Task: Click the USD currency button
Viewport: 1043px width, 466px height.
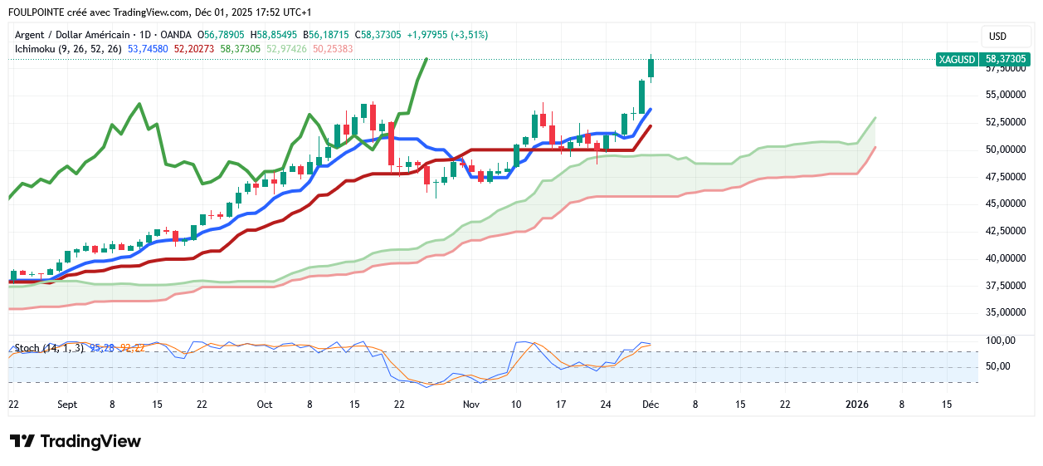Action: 997,37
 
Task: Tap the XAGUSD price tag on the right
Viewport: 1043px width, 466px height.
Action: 983,59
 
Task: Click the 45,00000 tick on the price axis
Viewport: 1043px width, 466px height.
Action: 1006,204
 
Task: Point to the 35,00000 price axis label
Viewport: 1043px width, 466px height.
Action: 1006,312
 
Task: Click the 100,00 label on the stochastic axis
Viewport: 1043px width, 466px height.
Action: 999,341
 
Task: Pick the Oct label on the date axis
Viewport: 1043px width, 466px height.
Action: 265,405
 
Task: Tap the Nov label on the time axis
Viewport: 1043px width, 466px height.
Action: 471,405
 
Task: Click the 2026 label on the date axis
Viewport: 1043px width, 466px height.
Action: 856,405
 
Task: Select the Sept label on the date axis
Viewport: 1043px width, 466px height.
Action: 67,405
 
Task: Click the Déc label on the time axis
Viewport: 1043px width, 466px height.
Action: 651,405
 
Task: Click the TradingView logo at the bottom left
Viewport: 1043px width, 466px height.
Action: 76,441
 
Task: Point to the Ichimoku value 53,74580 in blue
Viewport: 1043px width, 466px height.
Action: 149,49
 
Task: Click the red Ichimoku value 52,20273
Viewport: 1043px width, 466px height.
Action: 194,49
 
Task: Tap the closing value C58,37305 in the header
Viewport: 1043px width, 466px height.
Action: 378,35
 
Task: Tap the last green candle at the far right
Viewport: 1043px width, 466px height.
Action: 651,69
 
